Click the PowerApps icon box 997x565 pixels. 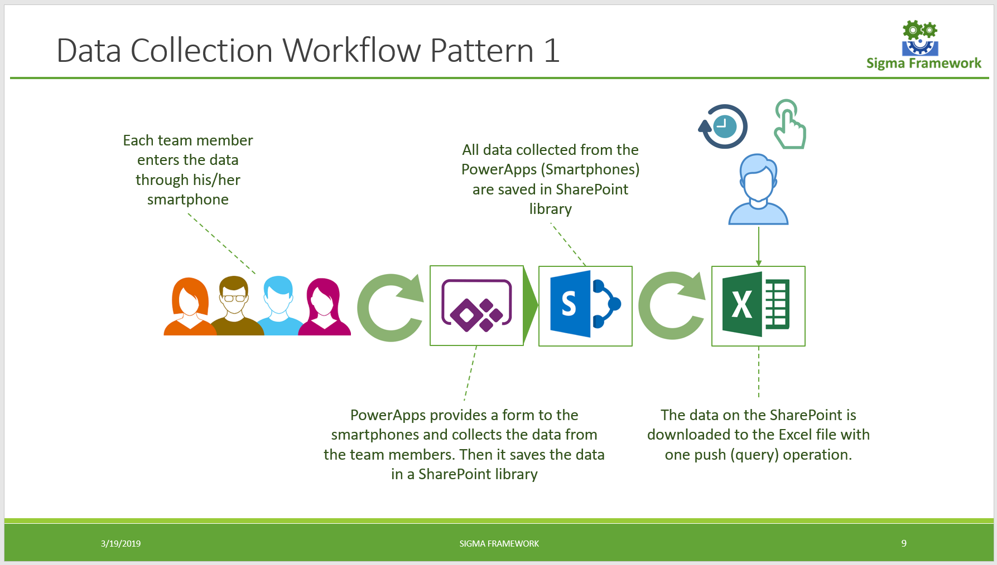(x=476, y=305)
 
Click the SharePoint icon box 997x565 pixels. (x=585, y=305)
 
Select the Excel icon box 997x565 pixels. (x=758, y=305)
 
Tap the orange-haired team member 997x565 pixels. (x=190, y=306)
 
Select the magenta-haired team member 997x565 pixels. (x=324, y=306)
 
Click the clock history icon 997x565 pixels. (x=724, y=126)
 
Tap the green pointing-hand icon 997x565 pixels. (x=789, y=125)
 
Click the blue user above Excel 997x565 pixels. (x=758, y=189)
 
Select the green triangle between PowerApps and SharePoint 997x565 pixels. (x=530, y=305)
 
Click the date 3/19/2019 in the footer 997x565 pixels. (x=121, y=543)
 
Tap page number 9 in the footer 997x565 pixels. (x=903, y=543)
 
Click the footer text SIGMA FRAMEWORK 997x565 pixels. (x=499, y=543)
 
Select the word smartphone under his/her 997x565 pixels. (x=187, y=199)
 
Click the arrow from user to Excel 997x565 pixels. (x=758, y=245)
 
